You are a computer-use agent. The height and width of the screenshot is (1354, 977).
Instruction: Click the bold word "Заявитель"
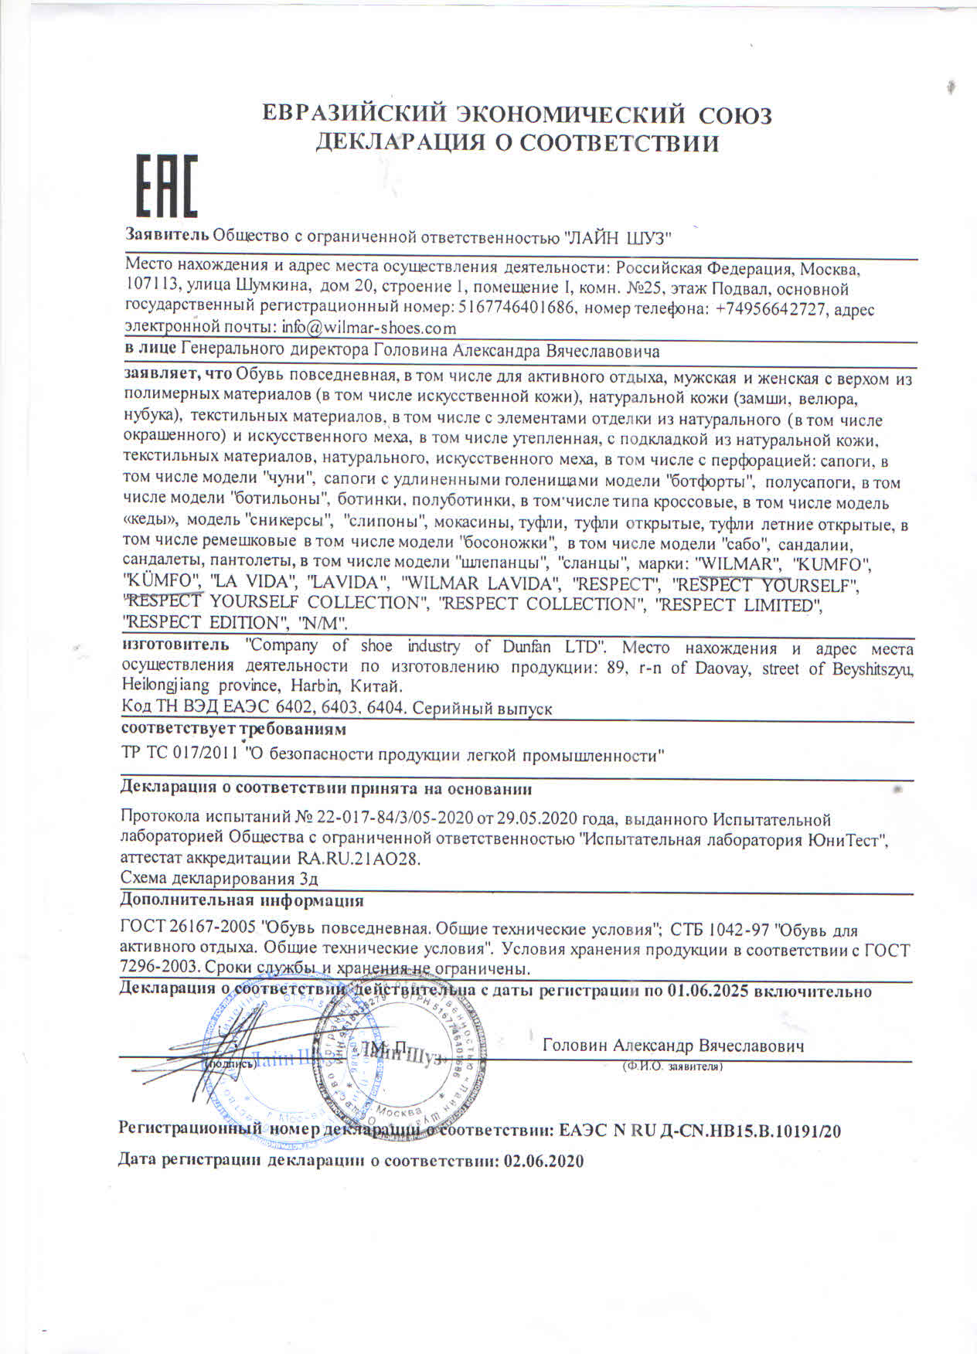pos(167,235)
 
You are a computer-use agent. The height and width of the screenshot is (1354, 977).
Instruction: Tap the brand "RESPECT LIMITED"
pos(738,604)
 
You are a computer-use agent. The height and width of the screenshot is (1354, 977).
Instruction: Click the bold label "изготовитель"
pos(175,645)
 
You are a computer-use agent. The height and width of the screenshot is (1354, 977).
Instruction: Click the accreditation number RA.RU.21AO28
pos(359,859)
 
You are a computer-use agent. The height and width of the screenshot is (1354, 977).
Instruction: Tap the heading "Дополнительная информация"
pos(242,900)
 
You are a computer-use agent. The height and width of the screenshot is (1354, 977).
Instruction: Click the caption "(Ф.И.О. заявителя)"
pos(672,1067)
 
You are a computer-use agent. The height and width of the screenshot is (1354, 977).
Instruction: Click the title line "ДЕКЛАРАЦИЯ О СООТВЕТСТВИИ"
pos(516,143)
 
